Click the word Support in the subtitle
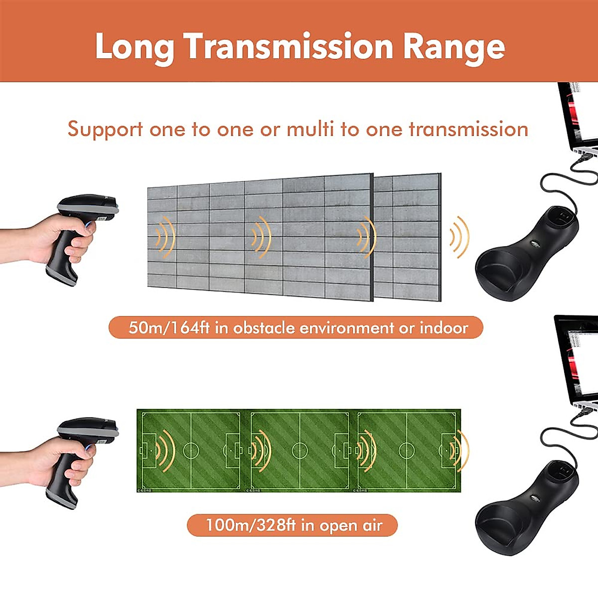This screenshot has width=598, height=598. click(x=105, y=130)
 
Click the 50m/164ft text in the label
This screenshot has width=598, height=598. click(x=168, y=328)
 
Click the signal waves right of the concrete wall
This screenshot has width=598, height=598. click(x=460, y=237)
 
